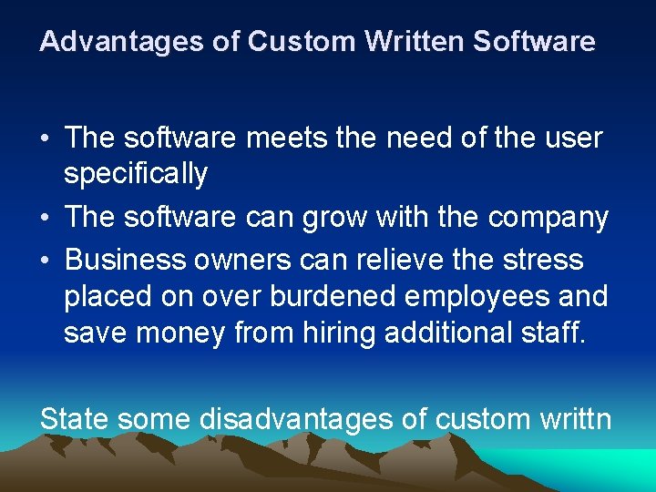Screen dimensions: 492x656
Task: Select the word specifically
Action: click(136, 173)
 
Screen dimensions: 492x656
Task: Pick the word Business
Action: click(126, 260)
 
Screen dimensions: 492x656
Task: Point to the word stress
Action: click(540, 260)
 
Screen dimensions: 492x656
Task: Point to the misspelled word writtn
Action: click(573, 419)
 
